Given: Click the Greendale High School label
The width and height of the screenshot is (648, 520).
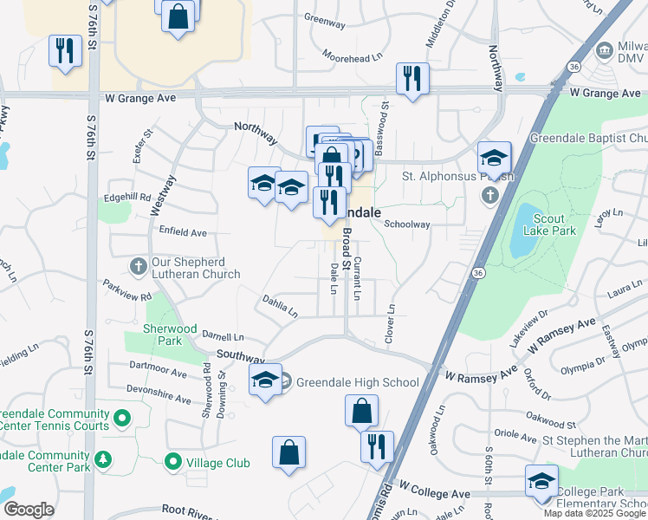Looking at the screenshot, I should tap(357, 382).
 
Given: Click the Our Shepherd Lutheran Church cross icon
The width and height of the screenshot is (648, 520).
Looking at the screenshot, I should tap(138, 263).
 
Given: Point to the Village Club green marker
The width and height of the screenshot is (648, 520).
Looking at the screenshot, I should tap(173, 463).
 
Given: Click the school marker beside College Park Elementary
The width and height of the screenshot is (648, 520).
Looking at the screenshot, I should tap(541, 481).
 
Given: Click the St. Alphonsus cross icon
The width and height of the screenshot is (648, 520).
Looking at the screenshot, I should tap(489, 195).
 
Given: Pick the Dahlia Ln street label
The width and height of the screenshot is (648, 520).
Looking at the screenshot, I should tap(280, 305).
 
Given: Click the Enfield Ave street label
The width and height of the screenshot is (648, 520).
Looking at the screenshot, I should tap(183, 232).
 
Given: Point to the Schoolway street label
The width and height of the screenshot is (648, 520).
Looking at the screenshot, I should tap(407, 224).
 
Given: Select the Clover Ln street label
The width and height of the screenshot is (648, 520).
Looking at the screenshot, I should tap(390, 322).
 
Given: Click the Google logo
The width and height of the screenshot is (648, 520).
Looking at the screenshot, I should tap(29, 510).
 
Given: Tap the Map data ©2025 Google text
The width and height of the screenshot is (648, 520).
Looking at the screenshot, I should tap(595, 513).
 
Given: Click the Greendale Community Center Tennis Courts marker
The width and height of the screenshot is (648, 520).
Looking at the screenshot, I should tap(122, 419).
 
